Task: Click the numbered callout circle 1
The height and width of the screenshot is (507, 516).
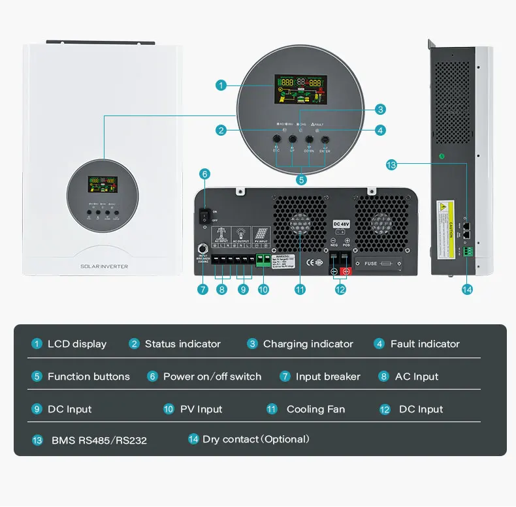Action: tap(221, 85)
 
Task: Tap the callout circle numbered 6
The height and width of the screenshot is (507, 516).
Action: tap(204, 174)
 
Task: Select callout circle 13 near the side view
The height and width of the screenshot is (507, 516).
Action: tap(391, 165)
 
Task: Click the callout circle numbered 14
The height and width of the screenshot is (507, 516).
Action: tap(466, 290)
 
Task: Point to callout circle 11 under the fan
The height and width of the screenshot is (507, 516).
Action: tap(300, 290)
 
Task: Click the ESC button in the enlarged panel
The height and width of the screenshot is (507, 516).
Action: tap(276, 140)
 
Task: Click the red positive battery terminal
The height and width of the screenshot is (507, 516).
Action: tap(346, 271)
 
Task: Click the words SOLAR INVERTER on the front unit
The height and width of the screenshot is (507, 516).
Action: tap(104, 266)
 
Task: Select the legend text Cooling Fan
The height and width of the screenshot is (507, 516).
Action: tap(315, 409)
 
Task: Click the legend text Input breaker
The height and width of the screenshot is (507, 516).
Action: tap(328, 376)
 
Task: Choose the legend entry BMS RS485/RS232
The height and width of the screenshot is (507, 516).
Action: tap(99, 440)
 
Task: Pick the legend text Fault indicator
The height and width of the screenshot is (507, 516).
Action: tap(425, 344)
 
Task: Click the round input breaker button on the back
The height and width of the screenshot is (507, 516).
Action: tap(202, 249)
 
